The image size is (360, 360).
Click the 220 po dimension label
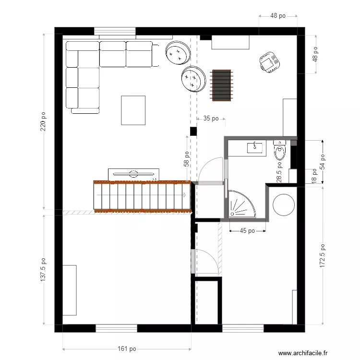click(43, 122)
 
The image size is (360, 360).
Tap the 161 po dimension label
click(127, 349)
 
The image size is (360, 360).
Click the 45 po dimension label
click(247, 231)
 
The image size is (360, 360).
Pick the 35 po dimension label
click(211, 118)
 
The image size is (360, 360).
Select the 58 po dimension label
click(187, 159)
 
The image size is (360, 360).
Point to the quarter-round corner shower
click(242, 204)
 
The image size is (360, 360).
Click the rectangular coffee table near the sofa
click(133, 110)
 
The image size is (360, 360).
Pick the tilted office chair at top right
click(269, 63)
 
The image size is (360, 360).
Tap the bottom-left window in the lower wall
click(116, 328)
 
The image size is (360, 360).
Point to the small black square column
click(193, 131)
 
